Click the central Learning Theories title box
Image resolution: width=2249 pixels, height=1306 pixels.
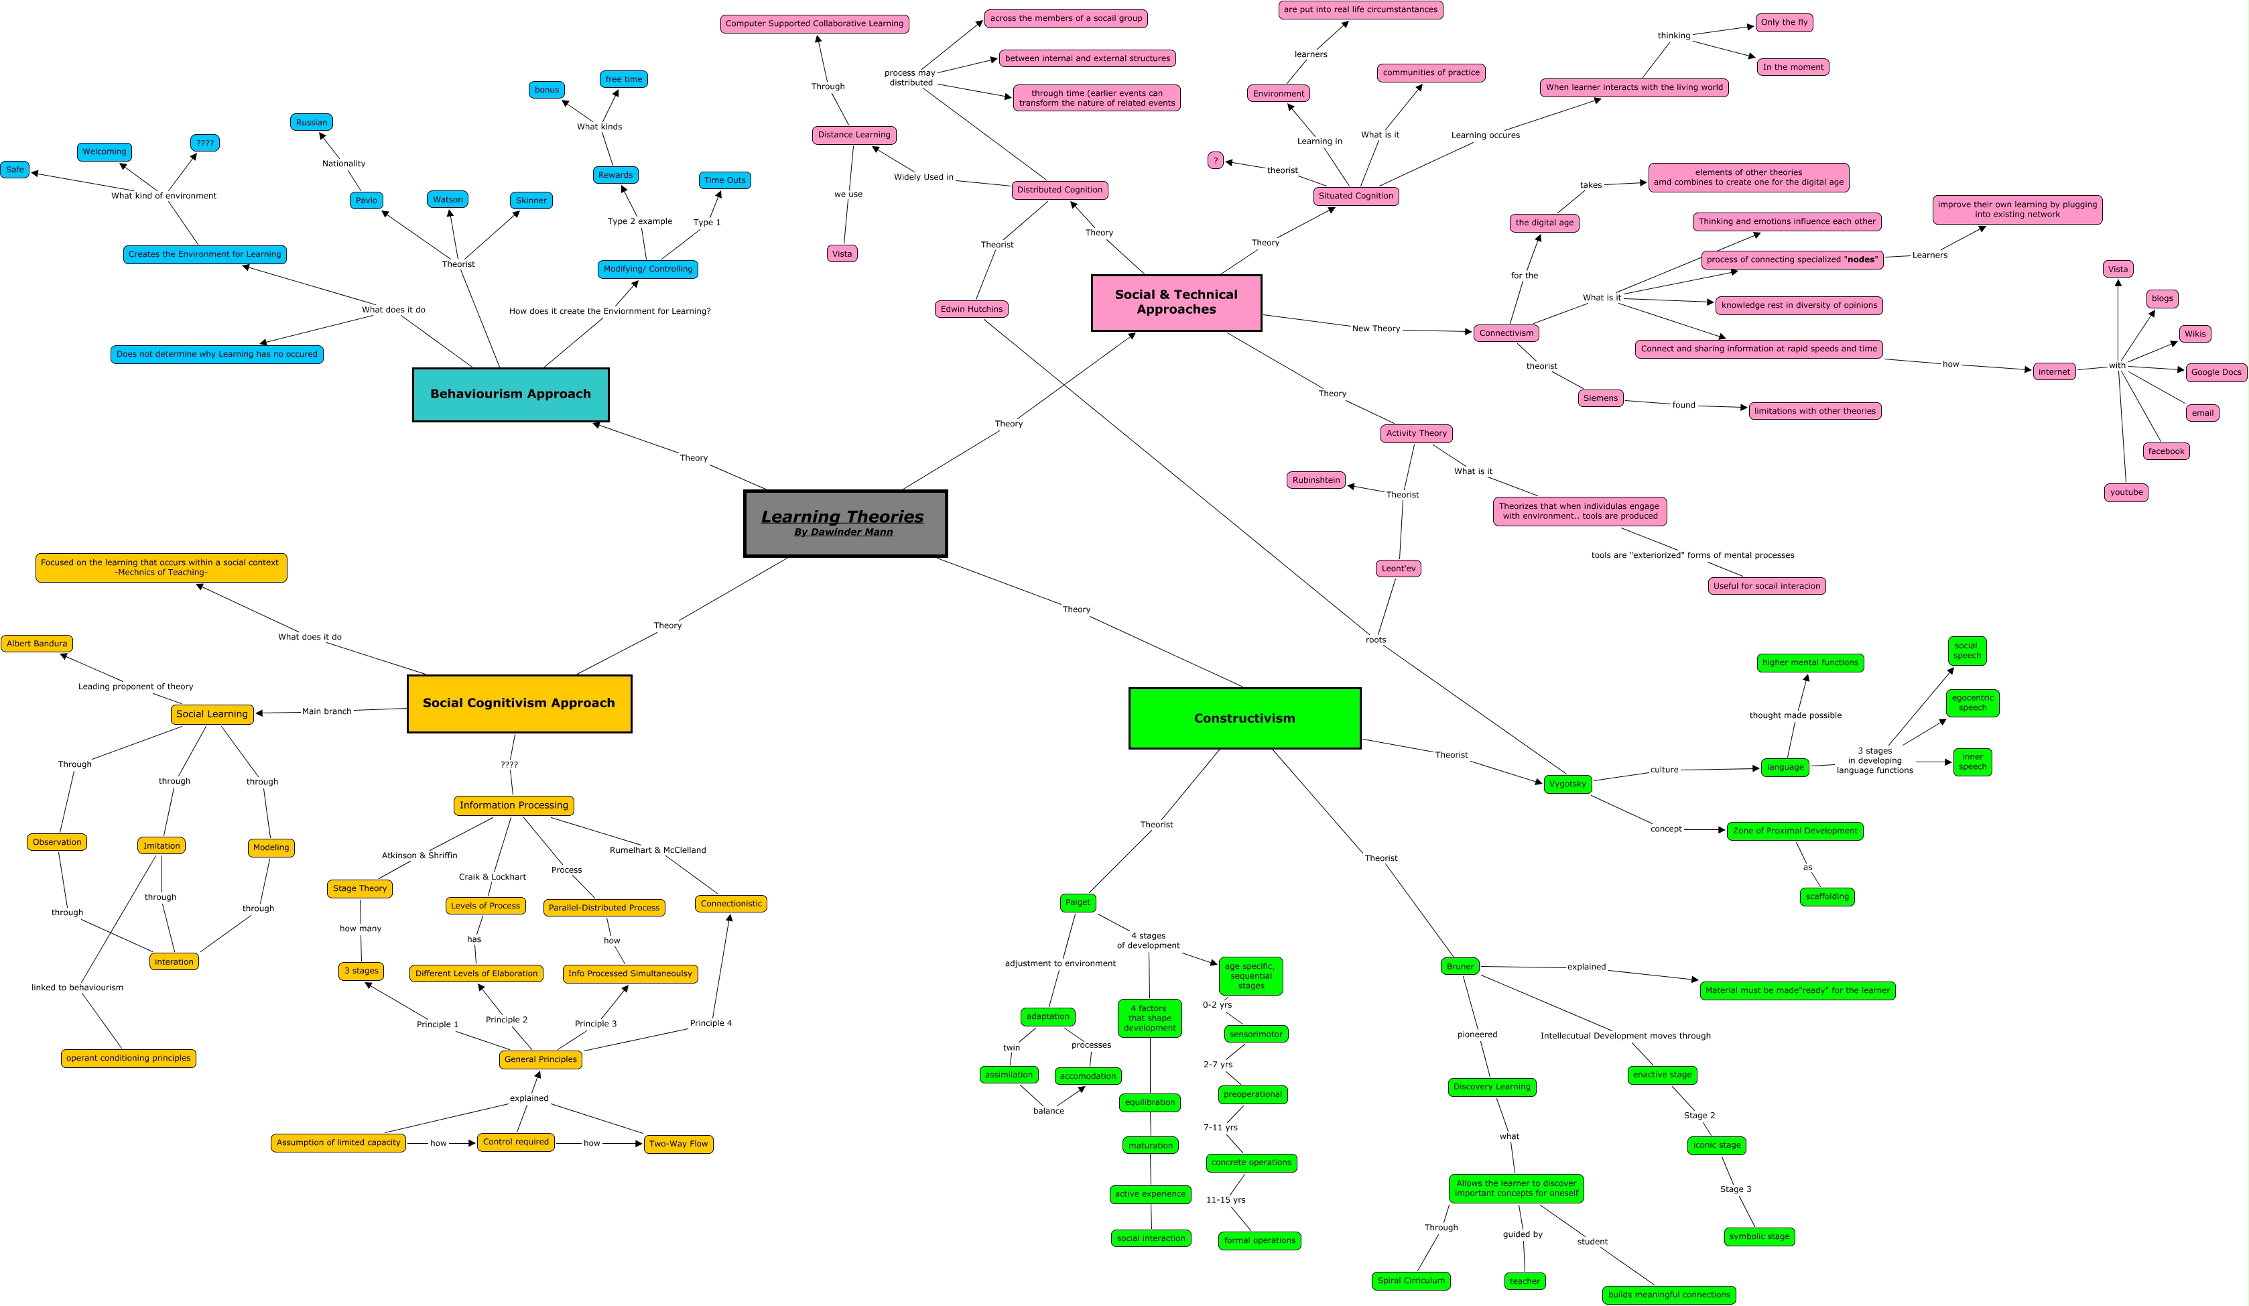tap(845, 523)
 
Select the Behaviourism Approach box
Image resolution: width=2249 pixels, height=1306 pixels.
tap(511, 394)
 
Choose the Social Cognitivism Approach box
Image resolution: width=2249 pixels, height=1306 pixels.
tap(519, 703)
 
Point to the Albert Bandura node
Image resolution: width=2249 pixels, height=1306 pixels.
tap(37, 644)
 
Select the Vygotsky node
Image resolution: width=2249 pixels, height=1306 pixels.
tap(1567, 784)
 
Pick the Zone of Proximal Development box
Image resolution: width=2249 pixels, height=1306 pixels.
tap(1795, 831)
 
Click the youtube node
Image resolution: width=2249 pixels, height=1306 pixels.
tap(2126, 492)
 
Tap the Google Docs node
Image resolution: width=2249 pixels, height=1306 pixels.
tap(2216, 372)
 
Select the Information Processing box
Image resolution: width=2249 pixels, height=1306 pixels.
tap(513, 805)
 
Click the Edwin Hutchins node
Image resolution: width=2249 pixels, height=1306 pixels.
tap(971, 309)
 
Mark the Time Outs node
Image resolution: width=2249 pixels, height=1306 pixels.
tap(724, 180)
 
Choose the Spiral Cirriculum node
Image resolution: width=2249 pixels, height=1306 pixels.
tap(1410, 1281)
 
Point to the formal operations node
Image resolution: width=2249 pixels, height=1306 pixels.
tap(1259, 1241)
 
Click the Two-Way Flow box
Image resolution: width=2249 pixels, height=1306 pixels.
tap(678, 1144)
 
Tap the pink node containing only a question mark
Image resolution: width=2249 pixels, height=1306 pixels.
tap(1215, 161)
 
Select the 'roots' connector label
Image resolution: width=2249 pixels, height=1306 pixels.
tap(1375, 640)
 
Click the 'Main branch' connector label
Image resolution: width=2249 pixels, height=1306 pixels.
tap(326, 711)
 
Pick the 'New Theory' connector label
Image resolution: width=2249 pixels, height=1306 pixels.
tap(1375, 329)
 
